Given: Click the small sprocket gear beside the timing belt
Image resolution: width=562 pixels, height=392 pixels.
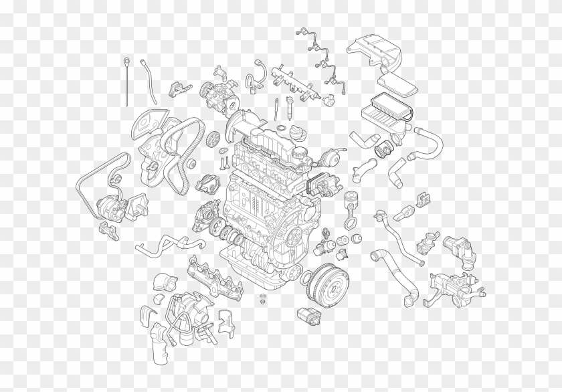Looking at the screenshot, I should [x=214, y=138].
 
